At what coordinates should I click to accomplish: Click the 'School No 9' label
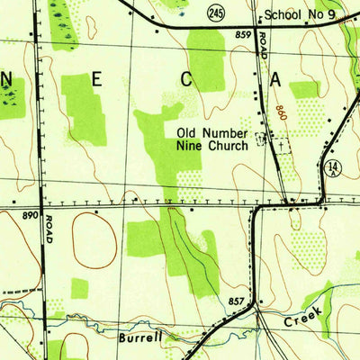point(300,15)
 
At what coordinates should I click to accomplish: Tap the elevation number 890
point(29,216)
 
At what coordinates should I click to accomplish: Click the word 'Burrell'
point(140,338)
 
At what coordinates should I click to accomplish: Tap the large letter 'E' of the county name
point(96,80)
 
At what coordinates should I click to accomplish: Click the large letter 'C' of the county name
point(187,80)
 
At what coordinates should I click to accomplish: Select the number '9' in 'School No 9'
point(332,15)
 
